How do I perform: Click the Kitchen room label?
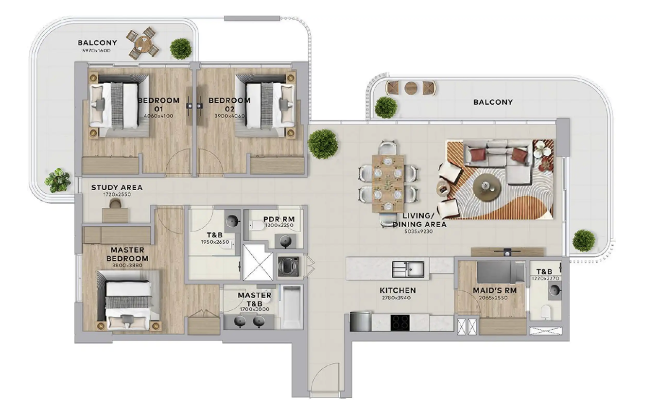click(x=398, y=290)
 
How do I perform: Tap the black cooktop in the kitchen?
click(x=400, y=323)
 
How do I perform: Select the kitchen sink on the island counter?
click(x=408, y=269)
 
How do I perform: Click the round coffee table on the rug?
click(x=486, y=188)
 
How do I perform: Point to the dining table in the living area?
click(x=388, y=184)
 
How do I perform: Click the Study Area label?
click(x=117, y=188)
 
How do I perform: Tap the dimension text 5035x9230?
click(x=419, y=231)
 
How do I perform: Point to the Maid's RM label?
click(x=495, y=290)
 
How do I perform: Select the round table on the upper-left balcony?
click(x=143, y=44)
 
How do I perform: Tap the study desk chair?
click(x=115, y=204)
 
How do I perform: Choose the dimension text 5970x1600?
click(x=96, y=51)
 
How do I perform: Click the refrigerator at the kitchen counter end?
click(x=360, y=322)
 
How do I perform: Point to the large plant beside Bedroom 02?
click(x=323, y=144)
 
